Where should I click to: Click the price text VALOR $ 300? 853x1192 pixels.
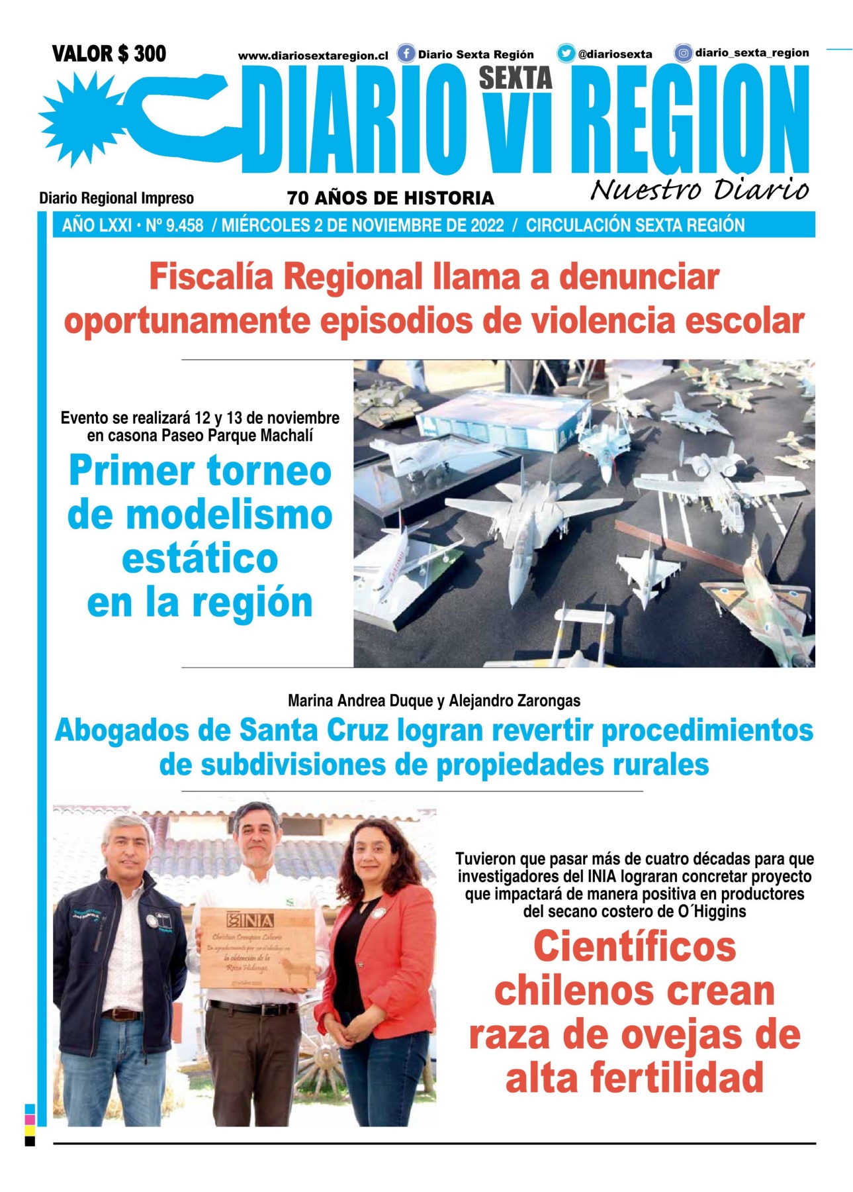[x=109, y=54]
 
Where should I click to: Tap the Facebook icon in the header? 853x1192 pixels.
[x=406, y=53]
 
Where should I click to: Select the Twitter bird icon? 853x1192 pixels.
[x=565, y=53]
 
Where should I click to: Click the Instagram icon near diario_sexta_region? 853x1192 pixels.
[x=683, y=53]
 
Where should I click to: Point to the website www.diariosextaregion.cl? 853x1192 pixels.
[x=312, y=56]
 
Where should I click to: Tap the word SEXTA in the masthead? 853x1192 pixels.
[x=515, y=78]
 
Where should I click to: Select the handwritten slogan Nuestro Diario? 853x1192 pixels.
[x=699, y=189]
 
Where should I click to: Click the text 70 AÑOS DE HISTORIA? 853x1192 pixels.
[x=390, y=198]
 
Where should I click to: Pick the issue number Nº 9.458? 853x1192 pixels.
[x=174, y=226]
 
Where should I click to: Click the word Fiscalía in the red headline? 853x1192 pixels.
[x=210, y=277]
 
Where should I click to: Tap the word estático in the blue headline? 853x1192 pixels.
[x=200, y=559]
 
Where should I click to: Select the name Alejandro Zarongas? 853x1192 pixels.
[x=514, y=701]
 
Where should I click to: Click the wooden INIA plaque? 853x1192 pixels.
[x=255, y=947]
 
